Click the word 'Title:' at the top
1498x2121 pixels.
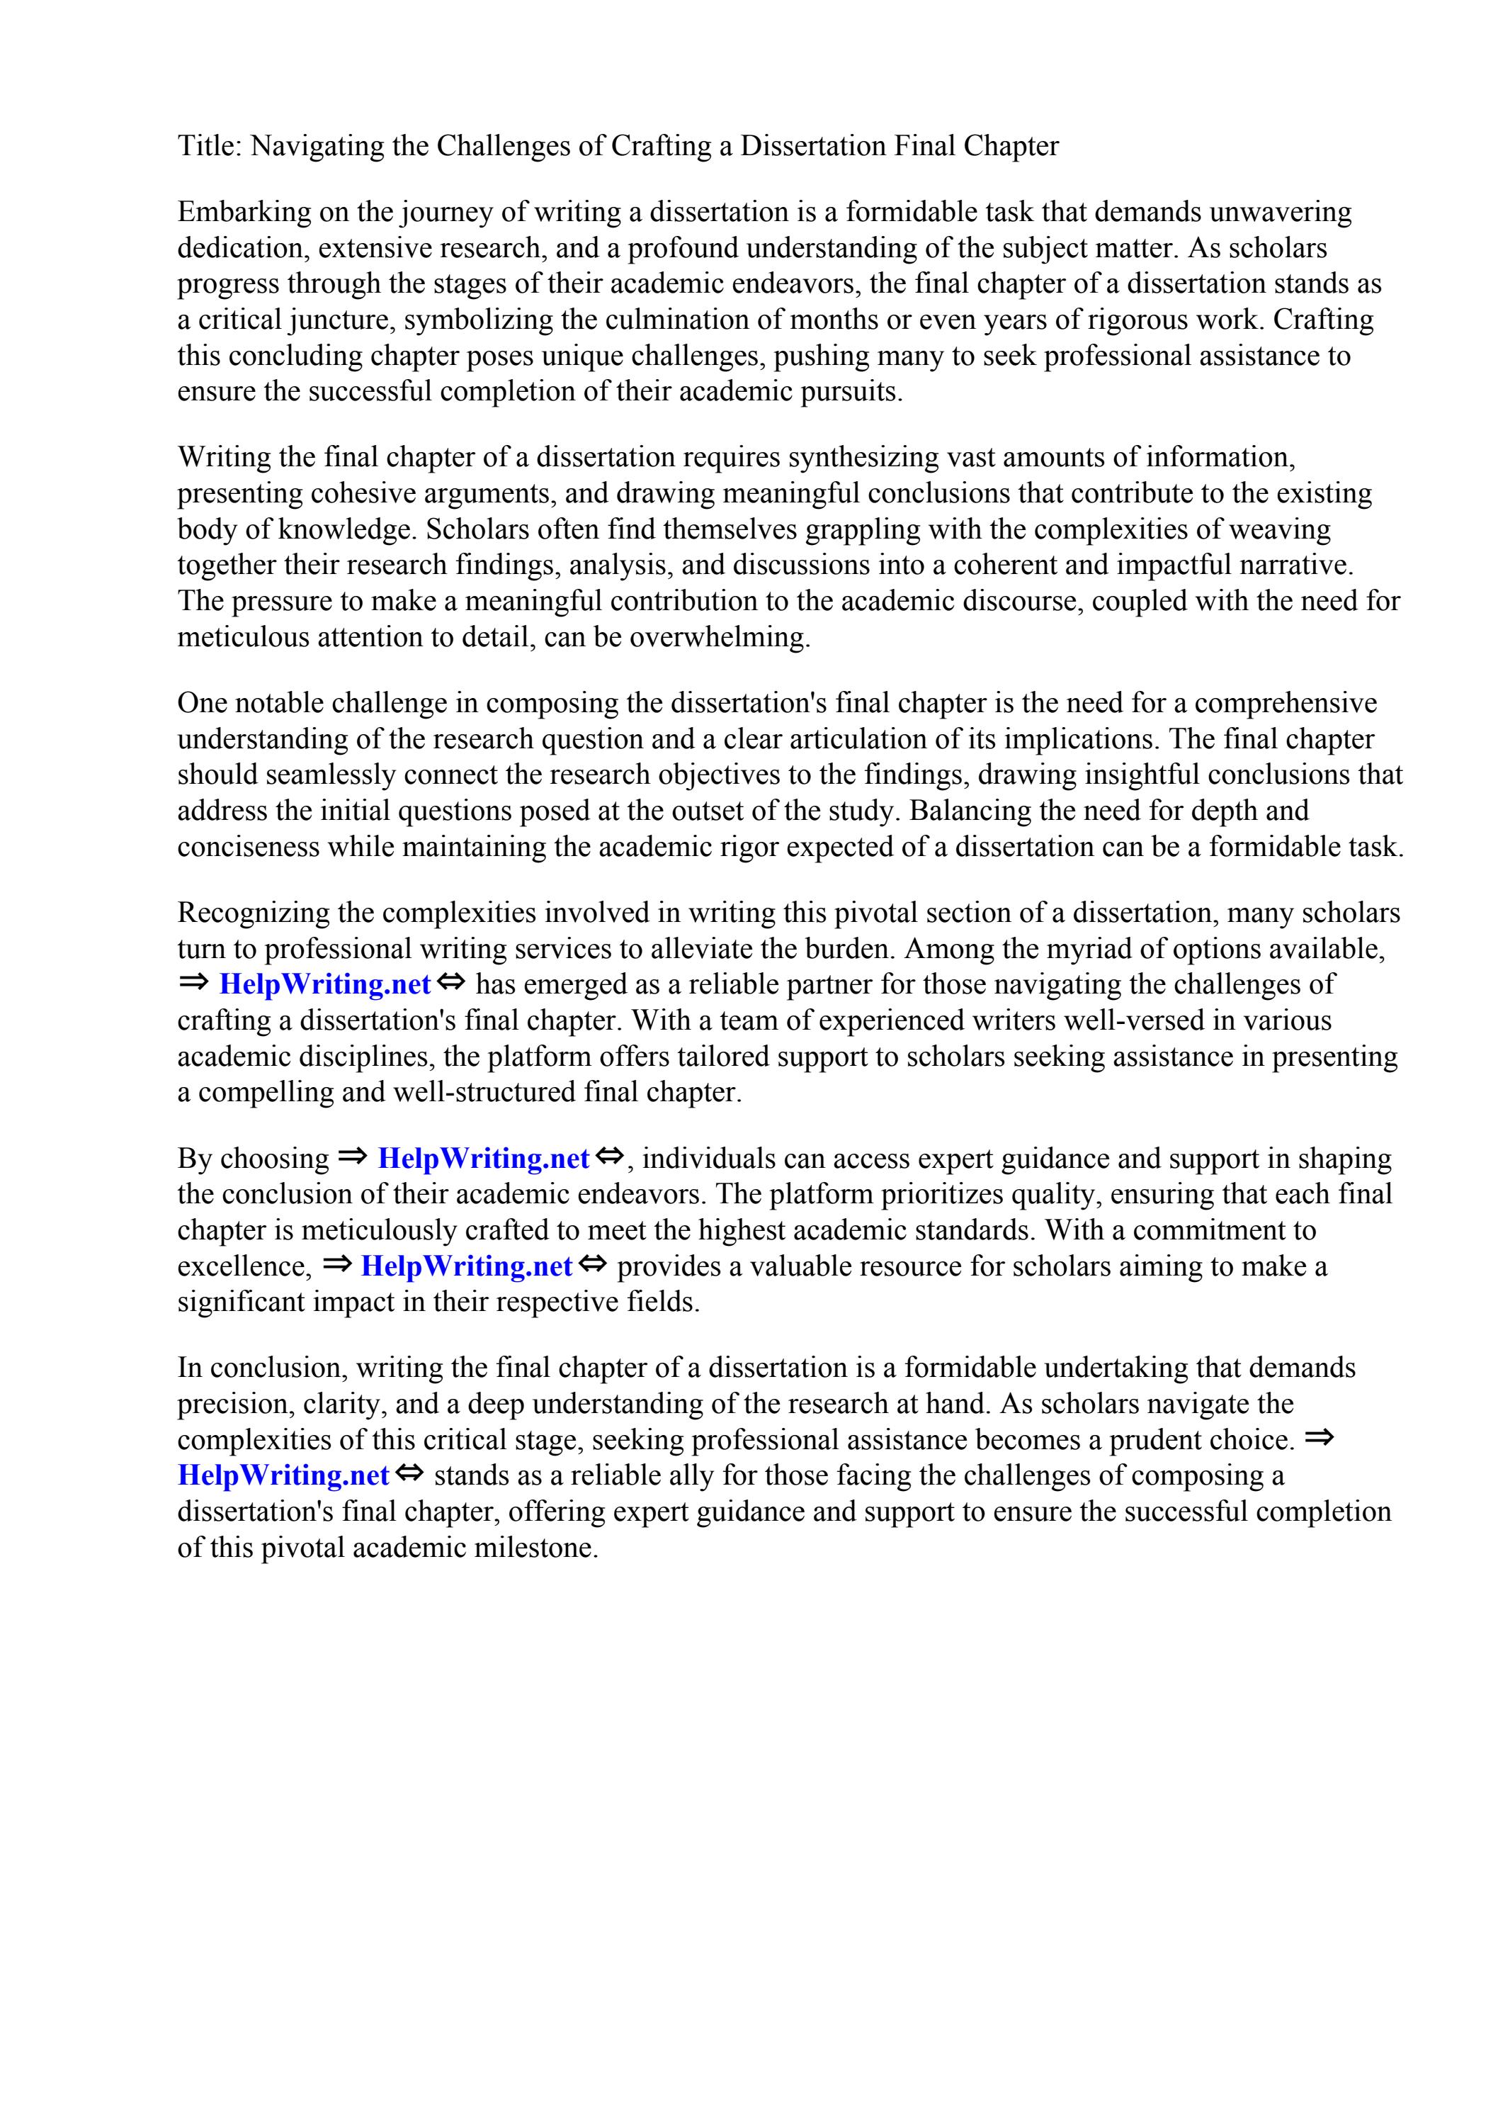[x=210, y=146]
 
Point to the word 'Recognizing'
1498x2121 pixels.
[x=253, y=913]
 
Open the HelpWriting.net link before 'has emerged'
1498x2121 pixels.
[x=325, y=985]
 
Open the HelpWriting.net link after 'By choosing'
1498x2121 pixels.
[x=483, y=1159]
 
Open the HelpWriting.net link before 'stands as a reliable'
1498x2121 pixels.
[x=283, y=1476]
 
